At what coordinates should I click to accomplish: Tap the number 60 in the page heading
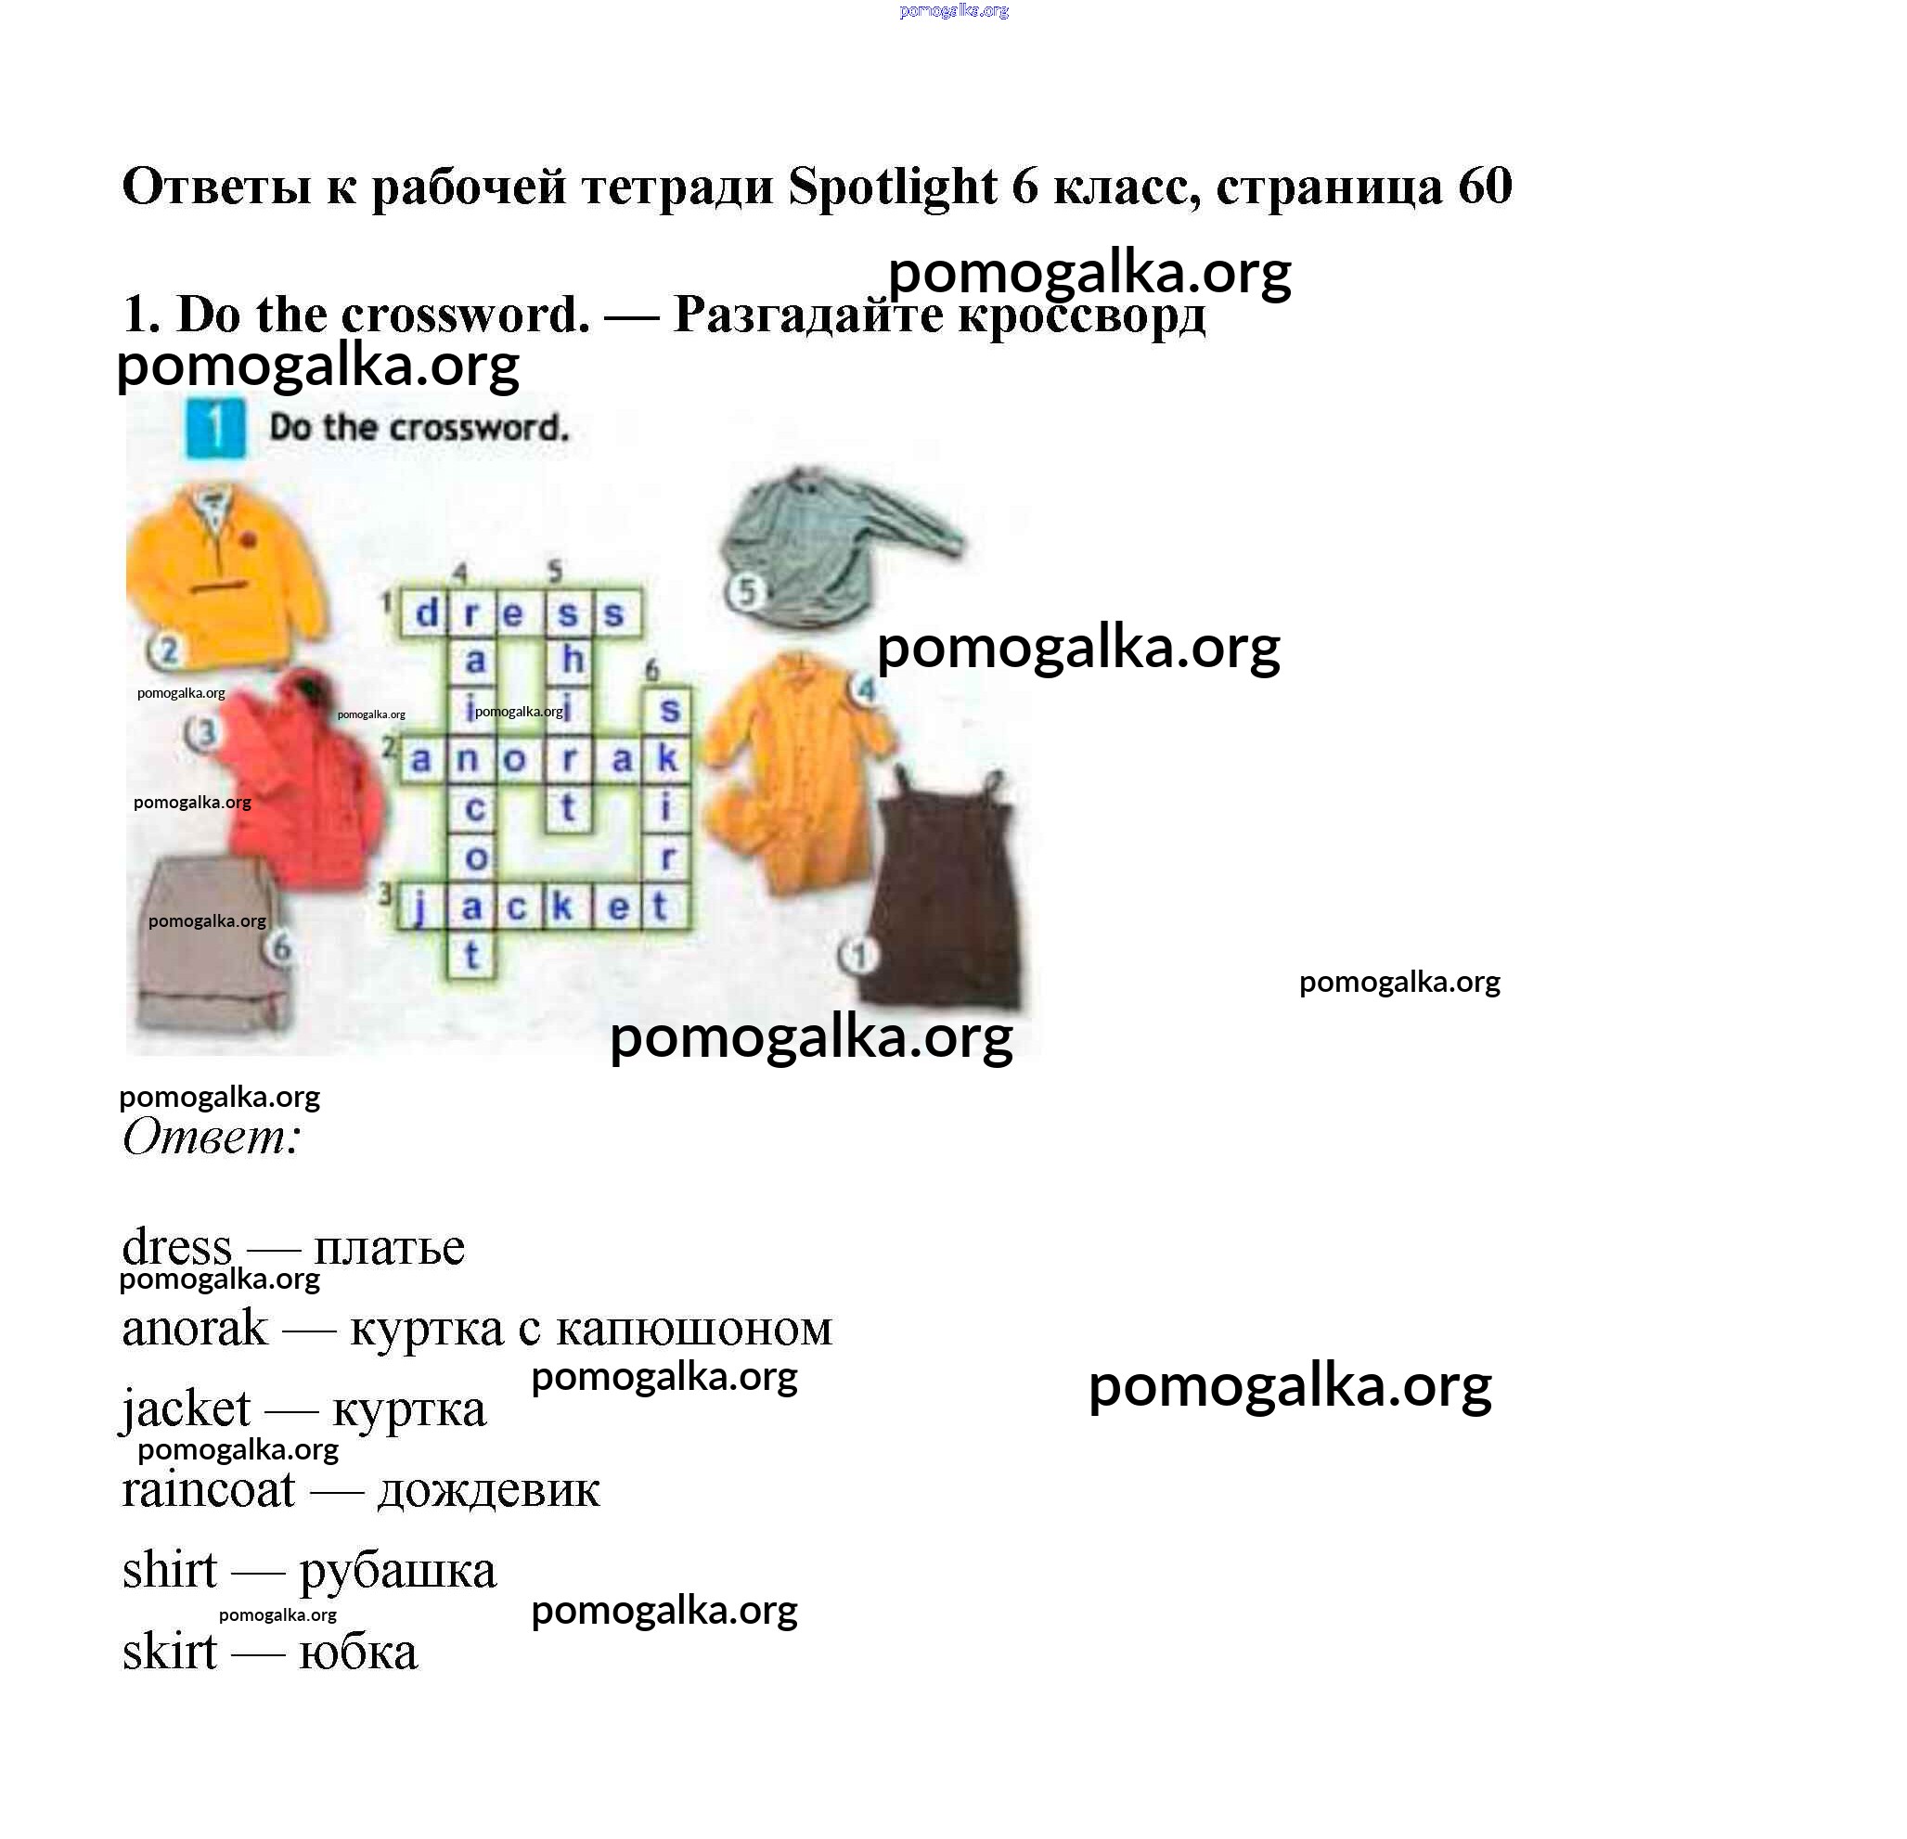(1485, 186)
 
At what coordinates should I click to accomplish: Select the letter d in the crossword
(426, 613)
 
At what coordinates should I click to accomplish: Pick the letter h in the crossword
(572, 659)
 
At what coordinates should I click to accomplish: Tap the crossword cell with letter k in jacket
(563, 906)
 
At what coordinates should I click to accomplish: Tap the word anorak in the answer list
(195, 1328)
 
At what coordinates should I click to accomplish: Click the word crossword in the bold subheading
(465, 315)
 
